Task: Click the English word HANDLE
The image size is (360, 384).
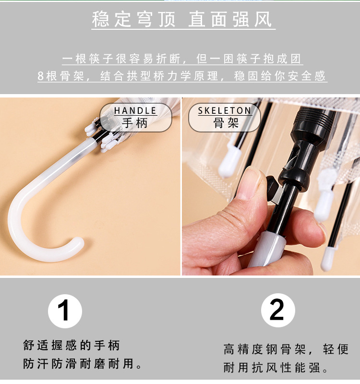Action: pyautogui.click(x=135, y=111)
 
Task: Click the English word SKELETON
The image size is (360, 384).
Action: pyautogui.click(x=225, y=111)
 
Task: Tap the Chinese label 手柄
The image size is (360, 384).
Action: pyautogui.click(x=135, y=123)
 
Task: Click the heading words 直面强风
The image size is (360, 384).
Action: pyautogui.click(x=230, y=20)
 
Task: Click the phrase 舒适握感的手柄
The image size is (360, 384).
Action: pyautogui.click(x=71, y=345)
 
